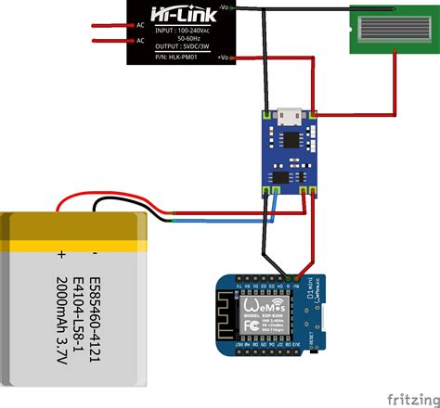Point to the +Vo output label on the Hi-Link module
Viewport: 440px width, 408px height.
click(x=226, y=57)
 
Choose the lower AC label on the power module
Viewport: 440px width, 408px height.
click(x=141, y=41)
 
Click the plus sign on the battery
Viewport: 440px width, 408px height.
click(x=61, y=252)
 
